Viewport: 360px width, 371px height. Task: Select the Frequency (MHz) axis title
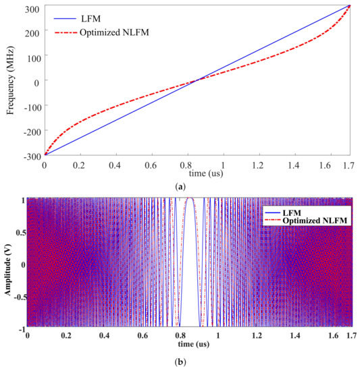click(10, 80)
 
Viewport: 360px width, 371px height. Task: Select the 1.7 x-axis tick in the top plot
click(349, 164)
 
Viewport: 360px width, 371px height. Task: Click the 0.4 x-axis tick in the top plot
click(117, 164)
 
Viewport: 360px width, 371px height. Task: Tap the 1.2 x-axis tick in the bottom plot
click(256, 335)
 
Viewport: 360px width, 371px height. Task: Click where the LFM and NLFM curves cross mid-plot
click(197, 80)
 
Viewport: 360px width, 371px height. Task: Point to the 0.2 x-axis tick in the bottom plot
click(65, 335)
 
